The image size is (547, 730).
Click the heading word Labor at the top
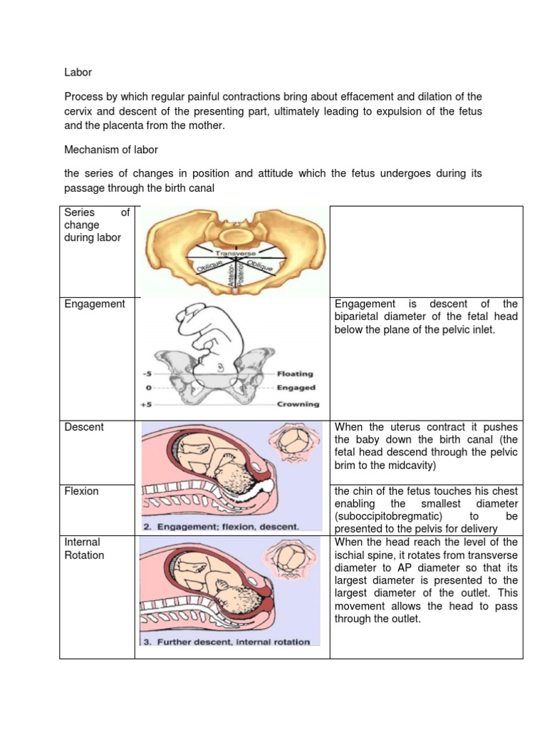pyautogui.click(x=78, y=73)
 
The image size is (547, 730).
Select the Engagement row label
pyautogui.click(x=94, y=304)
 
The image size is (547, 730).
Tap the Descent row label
pyautogui.click(x=84, y=427)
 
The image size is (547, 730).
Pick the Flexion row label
pyautogui.click(x=82, y=491)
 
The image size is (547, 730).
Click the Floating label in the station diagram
pyautogui.click(x=295, y=374)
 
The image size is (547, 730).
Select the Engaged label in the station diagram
pyautogui.click(x=295, y=389)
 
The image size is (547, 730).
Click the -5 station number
pyautogui.click(x=146, y=374)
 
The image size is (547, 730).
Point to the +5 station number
pyautogui.click(x=146, y=404)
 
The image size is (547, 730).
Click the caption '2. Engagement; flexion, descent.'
pyautogui.click(x=222, y=527)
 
